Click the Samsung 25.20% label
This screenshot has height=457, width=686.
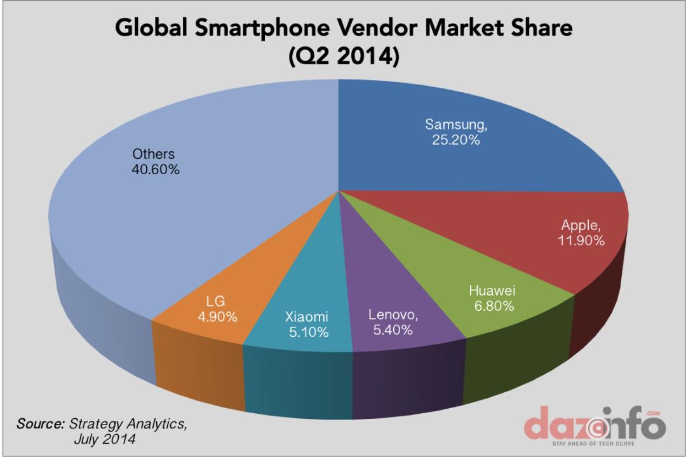coord(453,131)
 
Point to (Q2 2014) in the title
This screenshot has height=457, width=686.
coord(343,58)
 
